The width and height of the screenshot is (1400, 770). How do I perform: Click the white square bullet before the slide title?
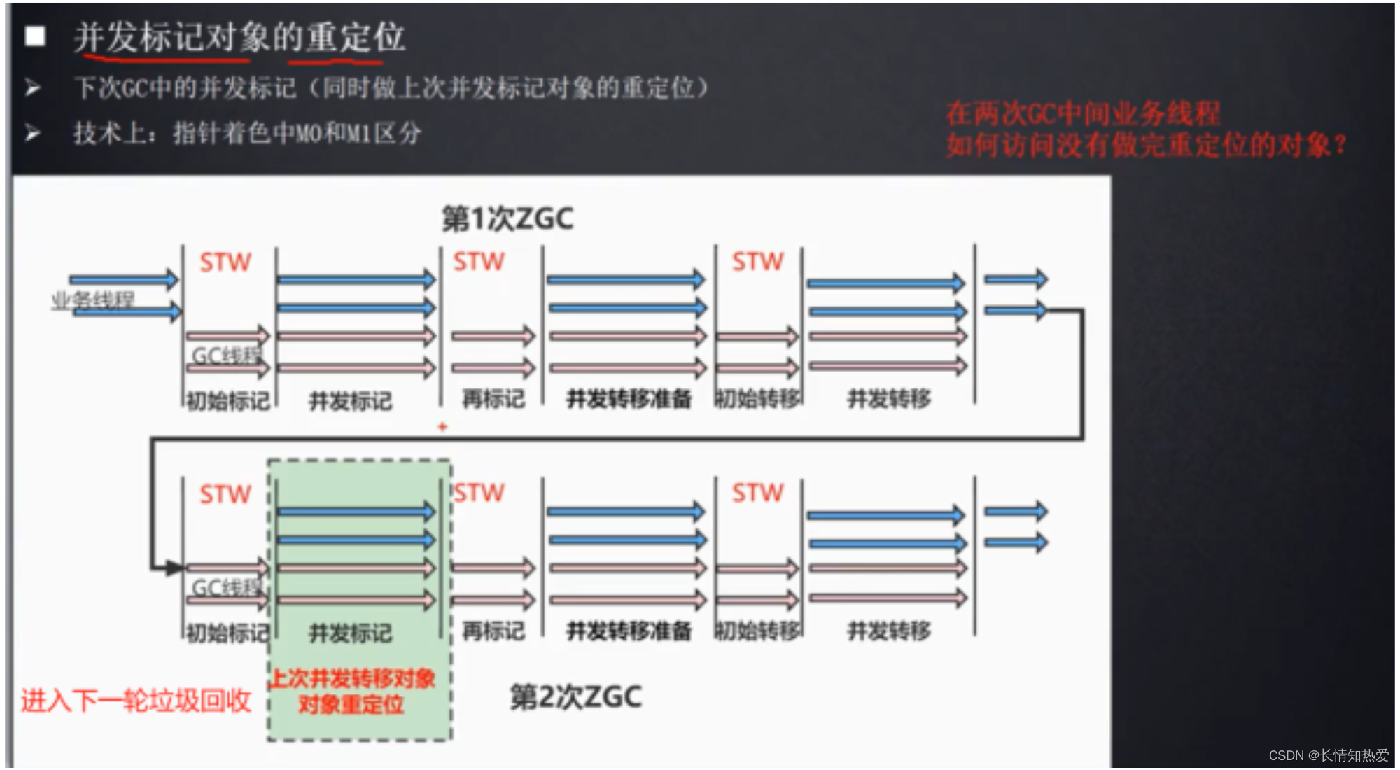pyautogui.click(x=35, y=36)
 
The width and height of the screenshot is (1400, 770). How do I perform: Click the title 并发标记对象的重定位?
pyautogui.click(x=239, y=37)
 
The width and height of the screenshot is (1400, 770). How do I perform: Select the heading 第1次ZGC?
pyautogui.click(x=507, y=219)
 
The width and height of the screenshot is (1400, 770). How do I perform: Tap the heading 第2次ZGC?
pyautogui.click(x=575, y=697)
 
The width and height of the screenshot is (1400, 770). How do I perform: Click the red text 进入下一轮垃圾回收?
pyautogui.click(x=136, y=701)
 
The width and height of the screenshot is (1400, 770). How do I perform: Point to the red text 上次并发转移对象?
pyautogui.click(x=353, y=678)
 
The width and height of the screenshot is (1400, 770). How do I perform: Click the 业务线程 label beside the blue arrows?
pyautogui.click(x=92, y=300)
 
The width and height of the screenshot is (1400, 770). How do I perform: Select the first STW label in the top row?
pyautogui.click(x=225, y=262)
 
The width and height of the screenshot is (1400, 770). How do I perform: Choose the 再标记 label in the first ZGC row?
pyautogui.click(x=493, y=399)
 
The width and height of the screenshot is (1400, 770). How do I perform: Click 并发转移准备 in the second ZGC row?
pyautogui.click(x=629, y=631)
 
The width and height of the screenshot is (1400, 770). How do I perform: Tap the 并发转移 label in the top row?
pyautogui.click(x=889, y=399)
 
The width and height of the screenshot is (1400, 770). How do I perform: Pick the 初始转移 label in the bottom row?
pyautogui.click(x=758, y=631)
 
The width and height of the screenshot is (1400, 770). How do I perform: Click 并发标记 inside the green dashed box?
pyautogui.click(x=351, y=633)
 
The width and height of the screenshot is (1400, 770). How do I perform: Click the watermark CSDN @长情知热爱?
pyautogui.click(x=1329, y=755)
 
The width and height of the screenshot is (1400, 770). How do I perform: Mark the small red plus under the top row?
pyautogui.click(x=442, y=426)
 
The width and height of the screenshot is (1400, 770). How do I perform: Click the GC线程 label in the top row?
pyautogui.click(x=226, y=356)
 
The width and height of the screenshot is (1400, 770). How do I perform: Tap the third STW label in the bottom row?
pyautogui.click(x=758, y=493)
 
